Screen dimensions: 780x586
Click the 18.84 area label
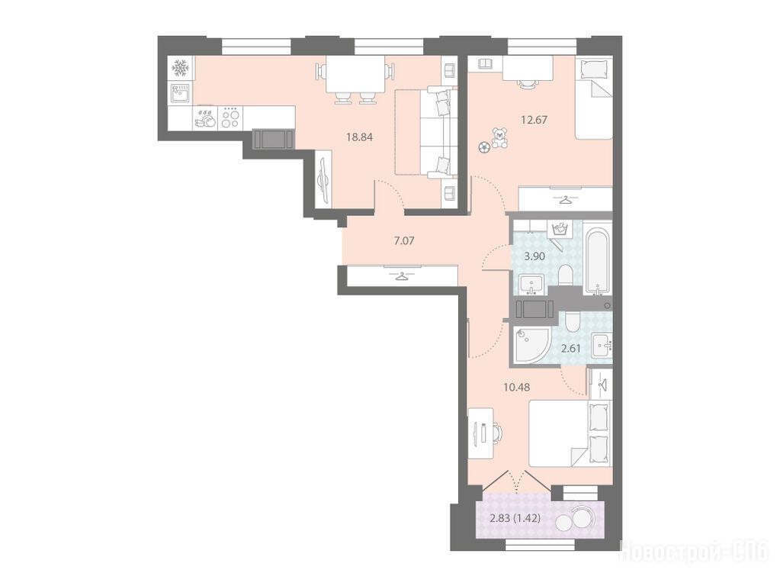click(x=359, y=137)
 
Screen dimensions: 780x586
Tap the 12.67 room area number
click(x=534, y=120)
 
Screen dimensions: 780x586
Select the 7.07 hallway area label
click(x=404, y=241)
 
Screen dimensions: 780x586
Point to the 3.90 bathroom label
click(x=534, y=257)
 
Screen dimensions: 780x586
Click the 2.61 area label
click(x=571, y=348)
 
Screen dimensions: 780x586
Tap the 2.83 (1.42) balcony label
click(x=515, y=518)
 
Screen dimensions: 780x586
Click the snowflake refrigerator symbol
click(x=181, y=68)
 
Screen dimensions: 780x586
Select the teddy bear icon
click(x=499, y=138)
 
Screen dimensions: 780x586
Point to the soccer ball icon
click(x=484, y=146)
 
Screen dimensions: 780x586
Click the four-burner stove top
click(x=230, y=118)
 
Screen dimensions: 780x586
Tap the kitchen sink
click(x=181, y=93)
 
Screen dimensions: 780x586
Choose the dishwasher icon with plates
click(x=205, y=118)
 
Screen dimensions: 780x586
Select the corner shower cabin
click(x=531, y=345)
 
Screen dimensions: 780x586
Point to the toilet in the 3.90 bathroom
click(x=566, y=275)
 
